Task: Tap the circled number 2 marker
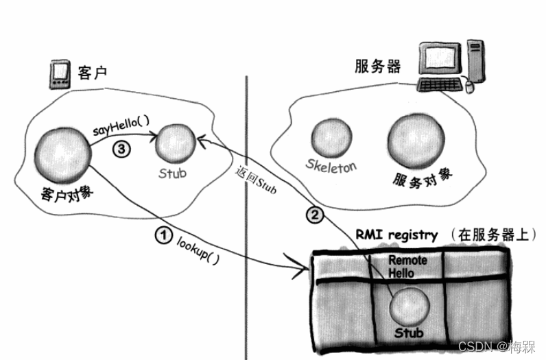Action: tap(313, 215)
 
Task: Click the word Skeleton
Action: tap(332, 165)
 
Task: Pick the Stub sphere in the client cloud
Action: tap(176, 144)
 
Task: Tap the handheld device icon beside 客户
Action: tap(60, 73)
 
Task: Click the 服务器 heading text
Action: tap(377, 67)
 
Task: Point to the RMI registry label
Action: tap(396, 235)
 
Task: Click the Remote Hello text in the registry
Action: tap(407, 266)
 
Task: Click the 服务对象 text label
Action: tap(423, 178)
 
